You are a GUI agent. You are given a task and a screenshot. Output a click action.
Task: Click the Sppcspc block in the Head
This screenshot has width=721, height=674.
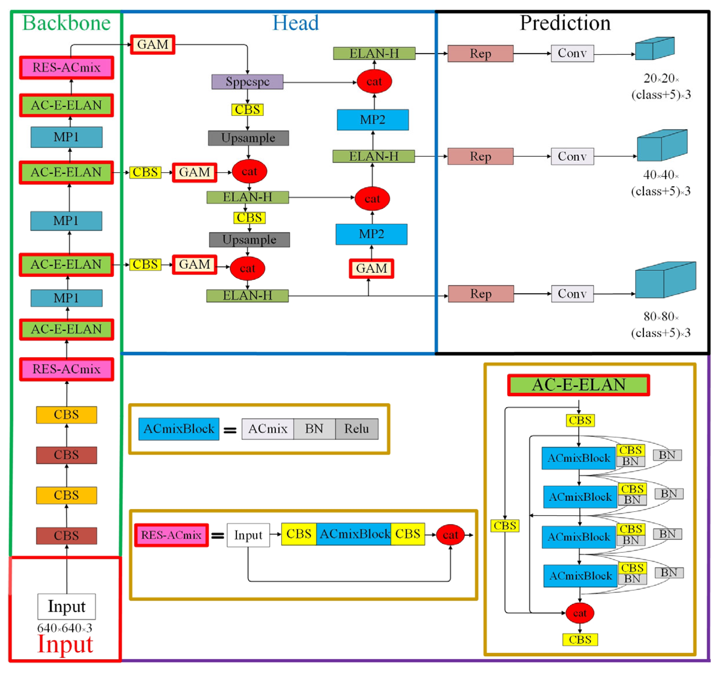click(x=247, y=82)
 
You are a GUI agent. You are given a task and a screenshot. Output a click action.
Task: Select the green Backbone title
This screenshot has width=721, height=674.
click(x=66, y=23)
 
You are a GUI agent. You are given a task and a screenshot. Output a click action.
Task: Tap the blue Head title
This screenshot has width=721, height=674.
click(x=295, y=23)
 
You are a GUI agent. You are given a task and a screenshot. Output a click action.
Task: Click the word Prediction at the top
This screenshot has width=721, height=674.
click(x=565, y=23)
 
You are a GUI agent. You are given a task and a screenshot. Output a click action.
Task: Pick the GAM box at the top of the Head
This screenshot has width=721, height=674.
click(x=153, y=45)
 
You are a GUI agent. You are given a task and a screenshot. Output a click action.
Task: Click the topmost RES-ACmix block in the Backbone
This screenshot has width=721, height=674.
click(x=67, y=67)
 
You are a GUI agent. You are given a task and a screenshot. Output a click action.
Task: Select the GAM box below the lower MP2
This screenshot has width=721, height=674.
click(x=371, y=268)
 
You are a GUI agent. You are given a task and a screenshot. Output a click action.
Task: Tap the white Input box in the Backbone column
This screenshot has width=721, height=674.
click(x=67, y=607)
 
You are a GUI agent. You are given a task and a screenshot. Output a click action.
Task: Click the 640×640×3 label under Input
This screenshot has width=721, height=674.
click(x=65, y=628)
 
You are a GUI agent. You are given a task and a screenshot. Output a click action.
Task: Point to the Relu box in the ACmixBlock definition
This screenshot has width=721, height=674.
click(x=356, y=429)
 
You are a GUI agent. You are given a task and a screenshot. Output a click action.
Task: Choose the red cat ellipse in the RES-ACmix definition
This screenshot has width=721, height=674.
click(x=450, y=535)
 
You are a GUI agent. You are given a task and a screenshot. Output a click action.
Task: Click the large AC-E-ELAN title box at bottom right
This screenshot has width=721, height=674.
click(x=578, y=385)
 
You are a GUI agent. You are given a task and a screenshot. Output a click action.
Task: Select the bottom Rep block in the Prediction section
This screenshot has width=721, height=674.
click(x=481, y=294)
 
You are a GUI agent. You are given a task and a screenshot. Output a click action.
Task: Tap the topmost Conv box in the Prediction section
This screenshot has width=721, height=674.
click(x=572, y=53)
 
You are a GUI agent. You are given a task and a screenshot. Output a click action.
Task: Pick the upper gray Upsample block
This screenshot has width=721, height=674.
click(x=248, y=138)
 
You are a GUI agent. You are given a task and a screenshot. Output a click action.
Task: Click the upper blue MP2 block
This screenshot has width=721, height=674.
click(x=373, y=120)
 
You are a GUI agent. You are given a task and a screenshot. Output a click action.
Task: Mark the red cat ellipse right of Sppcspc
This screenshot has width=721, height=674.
click(x=374, y=82)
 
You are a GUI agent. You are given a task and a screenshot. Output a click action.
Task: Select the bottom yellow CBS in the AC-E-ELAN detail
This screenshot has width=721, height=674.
click(x=580, y=640)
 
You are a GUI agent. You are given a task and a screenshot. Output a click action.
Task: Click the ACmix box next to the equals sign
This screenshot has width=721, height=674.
click(x=268, y=429)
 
